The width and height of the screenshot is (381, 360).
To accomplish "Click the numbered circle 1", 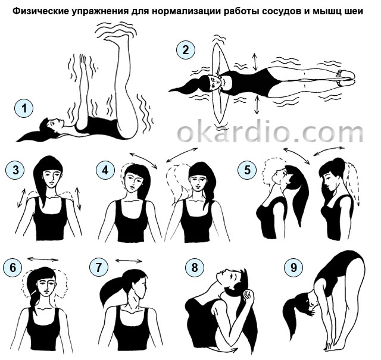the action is pos(24,108).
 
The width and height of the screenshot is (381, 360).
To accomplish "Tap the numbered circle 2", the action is pos(185,50).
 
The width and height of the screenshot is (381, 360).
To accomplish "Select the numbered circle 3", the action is pos(15,170).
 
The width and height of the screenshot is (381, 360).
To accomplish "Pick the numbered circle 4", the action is pos(105,170).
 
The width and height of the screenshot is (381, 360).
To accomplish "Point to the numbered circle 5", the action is pos(247,170).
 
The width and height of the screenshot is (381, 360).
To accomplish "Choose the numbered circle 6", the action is pos(13,267).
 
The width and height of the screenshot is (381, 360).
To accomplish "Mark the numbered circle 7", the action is pos(99,267).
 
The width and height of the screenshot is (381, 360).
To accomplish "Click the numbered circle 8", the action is pos(195,267).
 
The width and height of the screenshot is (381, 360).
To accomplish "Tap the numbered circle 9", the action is pos(293,267).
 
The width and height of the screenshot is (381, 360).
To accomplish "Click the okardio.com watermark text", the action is pos(270,130).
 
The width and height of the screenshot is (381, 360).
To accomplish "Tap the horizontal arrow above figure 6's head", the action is pos(43,259).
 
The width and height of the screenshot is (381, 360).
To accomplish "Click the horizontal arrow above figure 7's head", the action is pos(129,261).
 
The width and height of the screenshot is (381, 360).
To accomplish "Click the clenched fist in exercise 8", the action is pos(248,298).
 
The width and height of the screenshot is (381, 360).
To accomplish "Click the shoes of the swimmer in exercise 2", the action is pos(345,77).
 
